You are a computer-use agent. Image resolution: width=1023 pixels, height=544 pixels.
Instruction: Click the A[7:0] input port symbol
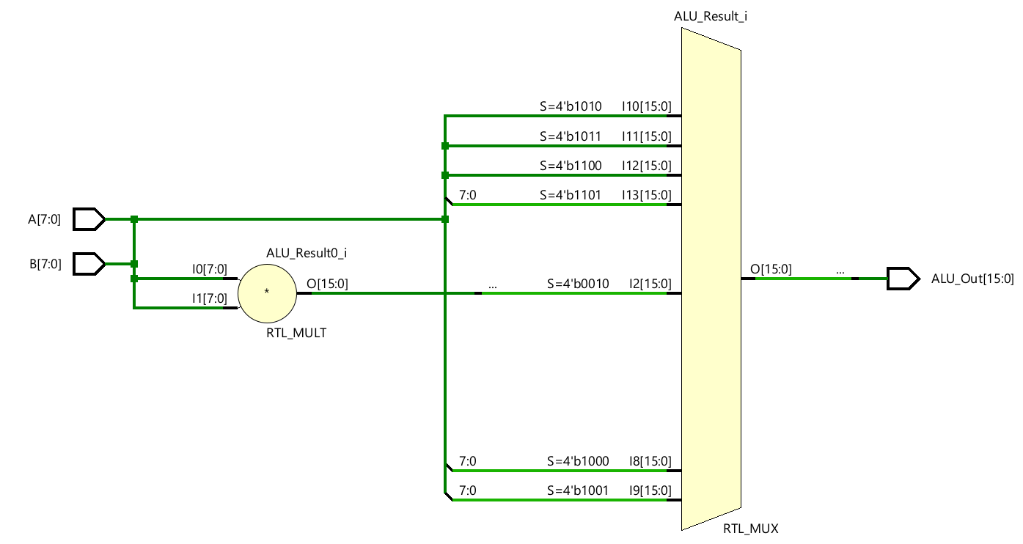(90, 218)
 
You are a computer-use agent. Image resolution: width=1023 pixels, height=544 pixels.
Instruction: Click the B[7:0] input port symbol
(90, 264)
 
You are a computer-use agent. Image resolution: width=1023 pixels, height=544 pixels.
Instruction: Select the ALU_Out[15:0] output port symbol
(902, 279)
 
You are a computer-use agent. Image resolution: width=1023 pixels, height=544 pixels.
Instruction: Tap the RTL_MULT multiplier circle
(267, 293)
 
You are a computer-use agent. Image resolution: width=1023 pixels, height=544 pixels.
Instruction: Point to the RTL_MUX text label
(751, 528)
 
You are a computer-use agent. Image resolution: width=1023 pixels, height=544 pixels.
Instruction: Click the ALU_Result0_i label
(307, 253)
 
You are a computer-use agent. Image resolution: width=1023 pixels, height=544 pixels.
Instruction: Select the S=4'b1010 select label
(570, 106)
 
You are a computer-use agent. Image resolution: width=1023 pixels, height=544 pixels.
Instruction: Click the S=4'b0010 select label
(578, 284)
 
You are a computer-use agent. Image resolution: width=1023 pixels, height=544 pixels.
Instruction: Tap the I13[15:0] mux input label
(646, 195)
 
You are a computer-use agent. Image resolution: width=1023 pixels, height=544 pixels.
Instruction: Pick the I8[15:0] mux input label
(650, 461)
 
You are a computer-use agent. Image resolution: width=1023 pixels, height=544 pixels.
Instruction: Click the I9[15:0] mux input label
(650, 490)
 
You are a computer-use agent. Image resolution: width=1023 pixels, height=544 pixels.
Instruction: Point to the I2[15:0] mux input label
(650, 284)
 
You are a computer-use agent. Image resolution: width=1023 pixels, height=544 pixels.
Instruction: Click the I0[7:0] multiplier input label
(209, 269)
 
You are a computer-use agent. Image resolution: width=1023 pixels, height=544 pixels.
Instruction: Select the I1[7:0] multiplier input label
(209, 298)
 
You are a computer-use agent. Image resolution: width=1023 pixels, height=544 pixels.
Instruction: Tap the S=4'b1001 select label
(578, 490)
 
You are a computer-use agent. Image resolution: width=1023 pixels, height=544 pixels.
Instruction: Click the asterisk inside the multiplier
(267, 293)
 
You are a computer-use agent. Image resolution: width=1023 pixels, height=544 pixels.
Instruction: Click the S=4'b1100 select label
(570, 166)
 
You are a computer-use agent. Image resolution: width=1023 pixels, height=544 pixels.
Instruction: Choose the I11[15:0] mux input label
(646, 136)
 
